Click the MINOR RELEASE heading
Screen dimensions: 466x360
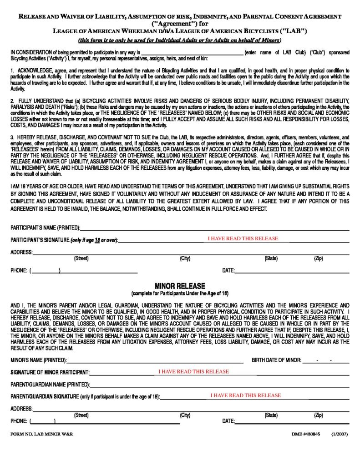[180, 286]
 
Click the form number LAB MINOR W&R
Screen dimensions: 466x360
[41, 434]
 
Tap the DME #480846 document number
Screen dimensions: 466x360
[306, 434]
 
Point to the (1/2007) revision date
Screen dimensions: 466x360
[340, 434]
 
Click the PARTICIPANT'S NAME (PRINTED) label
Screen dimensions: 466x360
[45, 228]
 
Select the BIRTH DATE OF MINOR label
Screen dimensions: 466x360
[276, 360]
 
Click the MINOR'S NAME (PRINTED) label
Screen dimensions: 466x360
[39, 360]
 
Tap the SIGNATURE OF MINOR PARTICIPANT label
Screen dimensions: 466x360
[50, 372]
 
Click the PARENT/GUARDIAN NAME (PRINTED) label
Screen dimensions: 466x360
[50, 385]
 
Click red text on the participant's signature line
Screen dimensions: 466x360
[243, 238]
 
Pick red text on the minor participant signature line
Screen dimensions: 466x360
[193, 371]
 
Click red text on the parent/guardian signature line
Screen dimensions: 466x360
[246, 395]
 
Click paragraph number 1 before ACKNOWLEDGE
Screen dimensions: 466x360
[12, 71]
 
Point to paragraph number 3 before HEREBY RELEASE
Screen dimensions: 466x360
[12, 137]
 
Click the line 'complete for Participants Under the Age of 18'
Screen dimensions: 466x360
[180, 294]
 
